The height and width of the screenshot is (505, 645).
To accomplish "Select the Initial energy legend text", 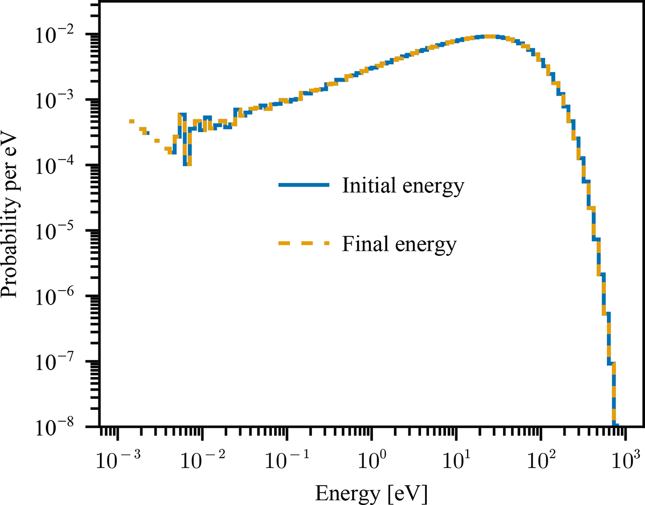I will click(402, 186).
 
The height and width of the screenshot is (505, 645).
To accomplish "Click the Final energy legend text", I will click(399, 244).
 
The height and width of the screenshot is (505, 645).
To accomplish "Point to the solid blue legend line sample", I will click(304, 185).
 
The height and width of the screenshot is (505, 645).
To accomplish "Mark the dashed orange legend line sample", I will click(304, 243).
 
